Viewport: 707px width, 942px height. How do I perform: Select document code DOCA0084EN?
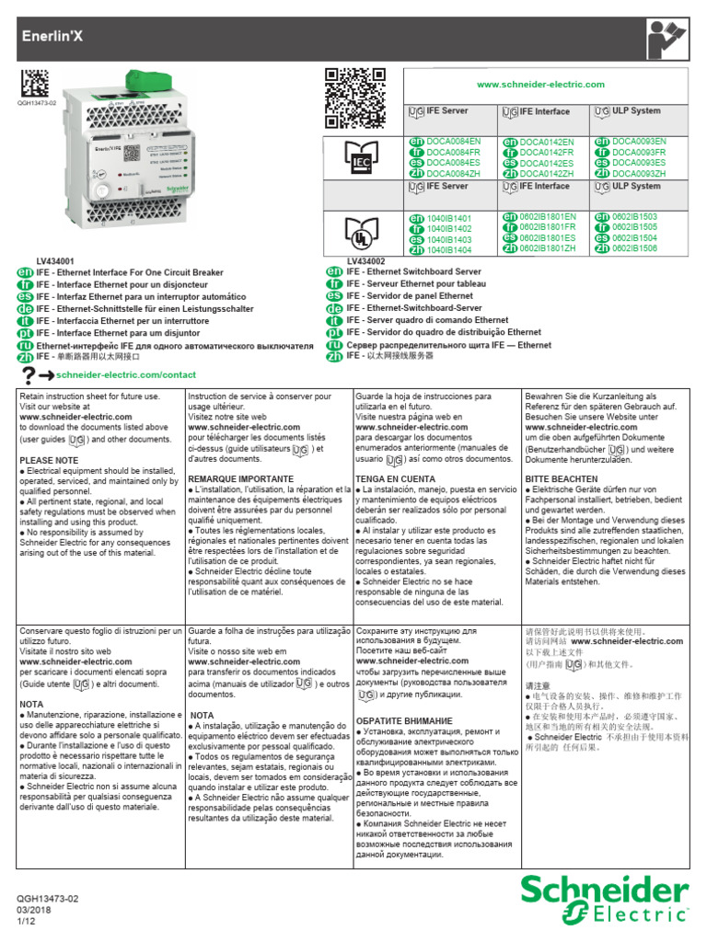[x=453, y=141]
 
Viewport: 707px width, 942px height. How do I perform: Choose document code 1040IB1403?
[x=449, y=239]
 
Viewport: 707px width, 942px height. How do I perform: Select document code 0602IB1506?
[x=634, y=249]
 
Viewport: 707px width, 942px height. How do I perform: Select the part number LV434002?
[x=367, y=261]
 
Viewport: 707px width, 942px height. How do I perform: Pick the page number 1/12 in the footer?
[x=25, y=922]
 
